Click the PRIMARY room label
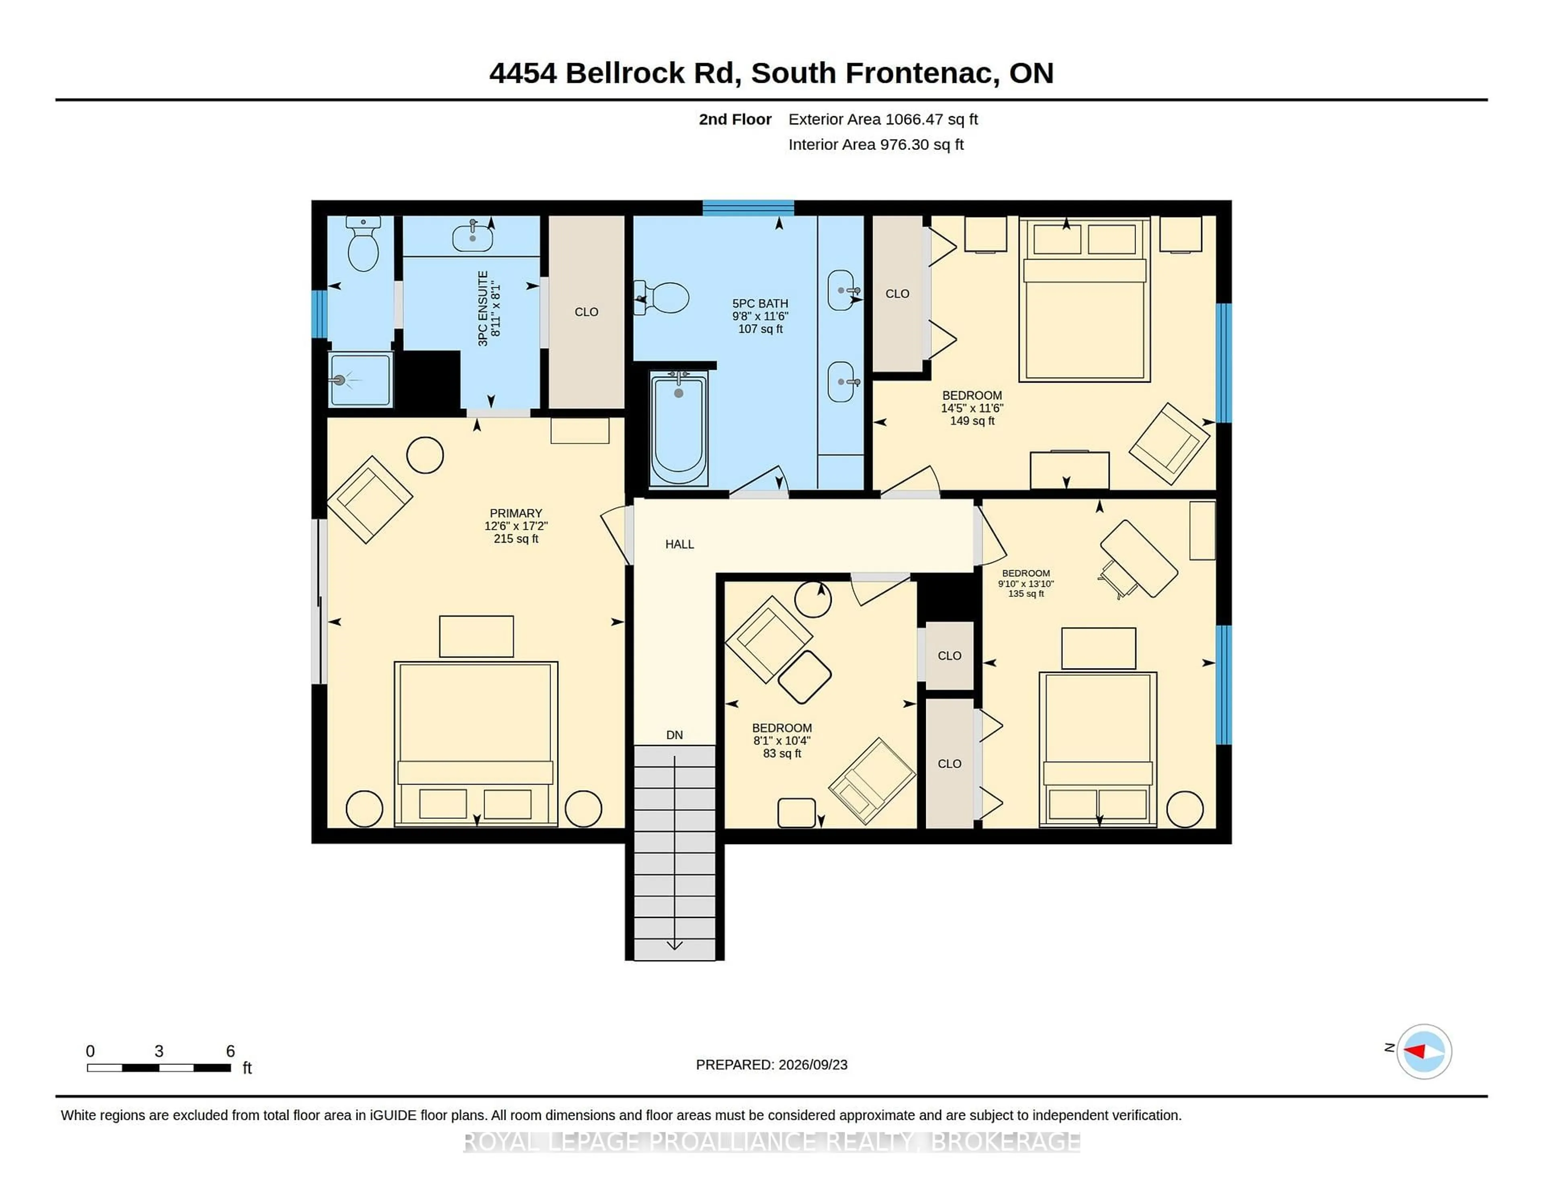point(516,513)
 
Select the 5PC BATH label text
point(760,303)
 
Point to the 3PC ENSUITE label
point(483,308)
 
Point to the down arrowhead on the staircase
point(675,945)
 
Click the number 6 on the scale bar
point(230,1051)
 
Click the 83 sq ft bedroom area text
point(782,753)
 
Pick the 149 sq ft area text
point(972,420)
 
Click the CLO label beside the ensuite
point(586,312)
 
